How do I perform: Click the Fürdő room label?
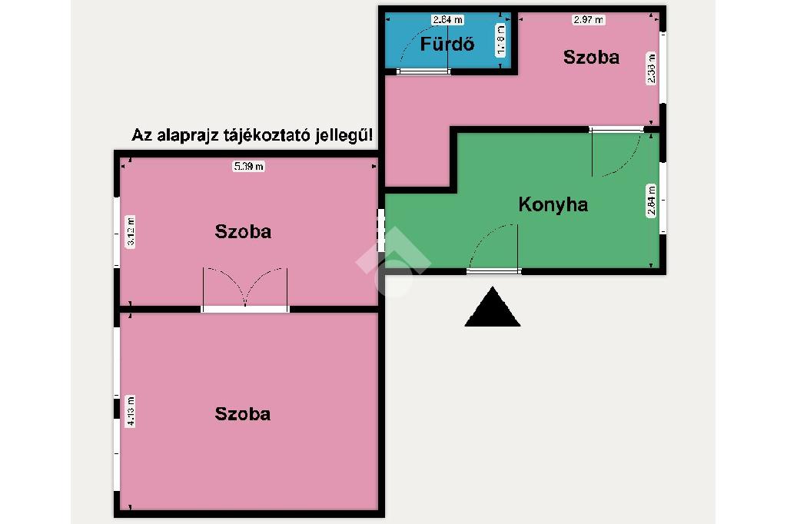point(447,44)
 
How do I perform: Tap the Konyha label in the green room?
point(553,204)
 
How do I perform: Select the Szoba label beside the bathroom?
point(591,57)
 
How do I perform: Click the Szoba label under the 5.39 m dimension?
point(243,231)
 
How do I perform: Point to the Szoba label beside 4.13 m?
point(243,414)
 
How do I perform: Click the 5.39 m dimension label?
point(248,166)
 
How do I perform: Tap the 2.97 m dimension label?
point(589,19)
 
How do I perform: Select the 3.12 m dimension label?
point(131,231)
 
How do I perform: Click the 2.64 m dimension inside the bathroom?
point(447,19)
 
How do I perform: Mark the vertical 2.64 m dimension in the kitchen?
point(652,202)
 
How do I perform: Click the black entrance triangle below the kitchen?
point(493,308)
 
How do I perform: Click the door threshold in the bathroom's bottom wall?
point(423,71)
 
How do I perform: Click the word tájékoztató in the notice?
point(264,136)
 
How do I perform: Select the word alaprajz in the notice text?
point(184,136)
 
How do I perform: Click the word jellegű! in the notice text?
point(345,136)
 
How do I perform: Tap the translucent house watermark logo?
point(393,262)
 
